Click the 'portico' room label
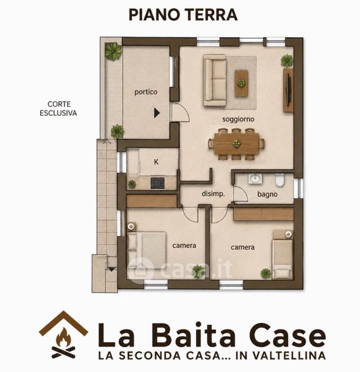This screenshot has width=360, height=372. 146,92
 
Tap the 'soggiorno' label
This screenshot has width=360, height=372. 238,119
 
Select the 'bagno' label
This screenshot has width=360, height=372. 268,194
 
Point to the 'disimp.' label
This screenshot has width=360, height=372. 213,194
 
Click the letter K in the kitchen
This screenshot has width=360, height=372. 156,162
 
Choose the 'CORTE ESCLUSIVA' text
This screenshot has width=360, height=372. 58,108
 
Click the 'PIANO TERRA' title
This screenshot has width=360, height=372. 183,15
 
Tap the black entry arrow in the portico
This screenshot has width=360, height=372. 156,113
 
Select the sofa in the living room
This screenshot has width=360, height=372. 215,80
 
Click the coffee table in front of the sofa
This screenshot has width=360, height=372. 241,83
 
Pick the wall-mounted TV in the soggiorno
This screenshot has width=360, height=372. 289,90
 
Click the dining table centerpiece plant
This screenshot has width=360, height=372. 236,144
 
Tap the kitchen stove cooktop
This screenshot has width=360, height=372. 158,183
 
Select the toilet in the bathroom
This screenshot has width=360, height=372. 280,180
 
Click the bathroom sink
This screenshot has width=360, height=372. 255,179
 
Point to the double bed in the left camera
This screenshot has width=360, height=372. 146,250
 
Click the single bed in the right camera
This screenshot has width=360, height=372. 282,254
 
